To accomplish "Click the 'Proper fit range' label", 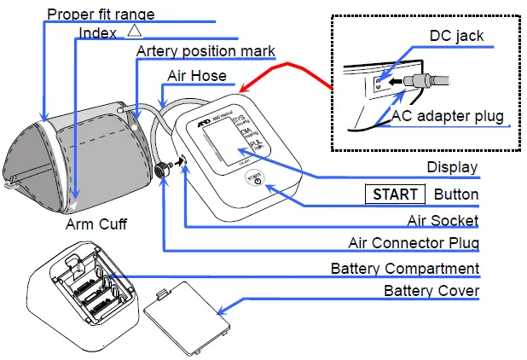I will (101, 14).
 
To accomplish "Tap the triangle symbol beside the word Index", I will (135, 31).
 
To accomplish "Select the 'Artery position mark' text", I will (205, 52).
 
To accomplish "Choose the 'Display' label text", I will (452, 167).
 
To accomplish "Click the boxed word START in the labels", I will (396, 195).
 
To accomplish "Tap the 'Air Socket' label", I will (442, 220).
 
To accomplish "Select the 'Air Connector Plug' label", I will (414, 243).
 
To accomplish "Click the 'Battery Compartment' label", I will (404, 269).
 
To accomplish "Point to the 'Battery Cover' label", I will (431, 292).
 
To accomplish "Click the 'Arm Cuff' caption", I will (96, 225).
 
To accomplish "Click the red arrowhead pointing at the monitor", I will (243, 88).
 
